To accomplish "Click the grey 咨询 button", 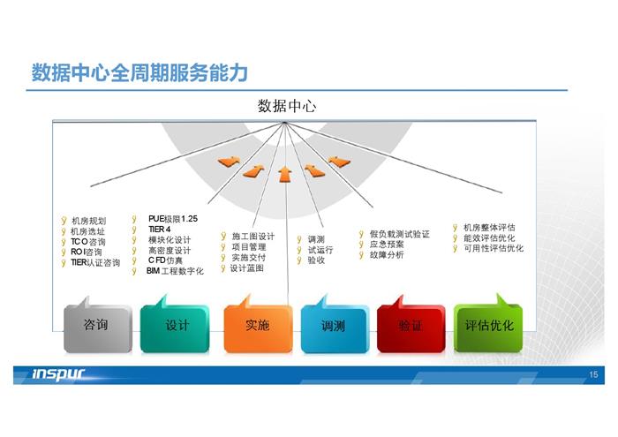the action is point(98,328).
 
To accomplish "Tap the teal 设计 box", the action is point(175,328).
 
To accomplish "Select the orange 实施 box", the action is point(258,328).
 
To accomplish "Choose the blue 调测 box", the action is point(335,328).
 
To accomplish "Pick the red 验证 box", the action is point(411,328).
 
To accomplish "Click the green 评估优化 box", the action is point(488,327).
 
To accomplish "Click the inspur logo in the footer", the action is point(58,374).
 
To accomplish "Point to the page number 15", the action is point(593,374).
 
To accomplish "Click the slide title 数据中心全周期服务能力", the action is point(139,72).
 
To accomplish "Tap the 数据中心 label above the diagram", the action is point(287,106).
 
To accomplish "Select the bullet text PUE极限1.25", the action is point(173,219).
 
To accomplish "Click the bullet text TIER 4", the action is point(160,230).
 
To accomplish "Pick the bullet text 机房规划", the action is point(88,221).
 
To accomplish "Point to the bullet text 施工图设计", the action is point(253,237).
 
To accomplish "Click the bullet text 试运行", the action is point(320,250).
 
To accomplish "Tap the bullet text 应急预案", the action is point(387,245).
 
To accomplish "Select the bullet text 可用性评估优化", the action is point(494,248).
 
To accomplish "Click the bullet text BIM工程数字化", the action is point(175,271).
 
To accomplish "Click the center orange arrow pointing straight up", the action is point(284,174).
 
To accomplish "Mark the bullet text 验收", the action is point(316,260).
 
